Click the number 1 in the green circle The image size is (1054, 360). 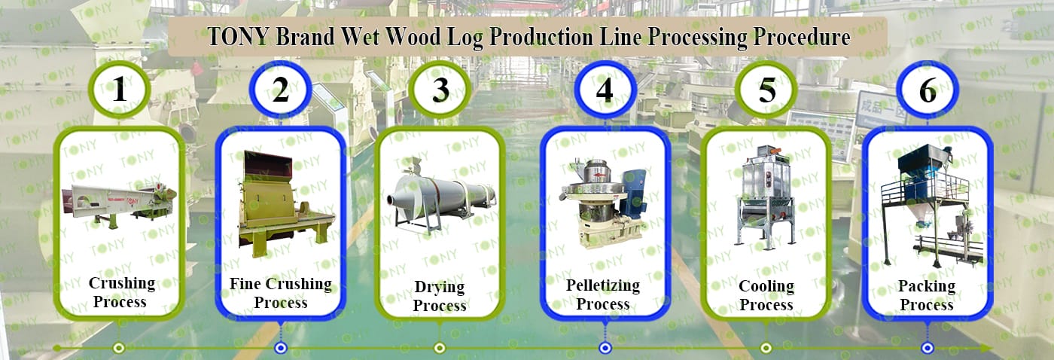point(119,90)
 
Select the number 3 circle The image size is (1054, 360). point(441,90)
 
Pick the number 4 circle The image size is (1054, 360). point(605,90)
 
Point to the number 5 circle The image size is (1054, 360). point(766,90)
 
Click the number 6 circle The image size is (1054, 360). point(928,90)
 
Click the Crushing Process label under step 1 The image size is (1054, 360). point(121,293)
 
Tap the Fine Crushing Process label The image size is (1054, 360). point(280,293)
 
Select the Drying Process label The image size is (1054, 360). point(440,296)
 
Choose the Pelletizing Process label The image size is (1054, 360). point(603,294)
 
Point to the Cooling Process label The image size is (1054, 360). point(766,295)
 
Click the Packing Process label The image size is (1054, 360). point(927,295)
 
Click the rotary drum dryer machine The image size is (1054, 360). point(440,194)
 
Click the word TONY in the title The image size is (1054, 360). point(238,38)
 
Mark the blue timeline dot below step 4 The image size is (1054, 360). point(605,348)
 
